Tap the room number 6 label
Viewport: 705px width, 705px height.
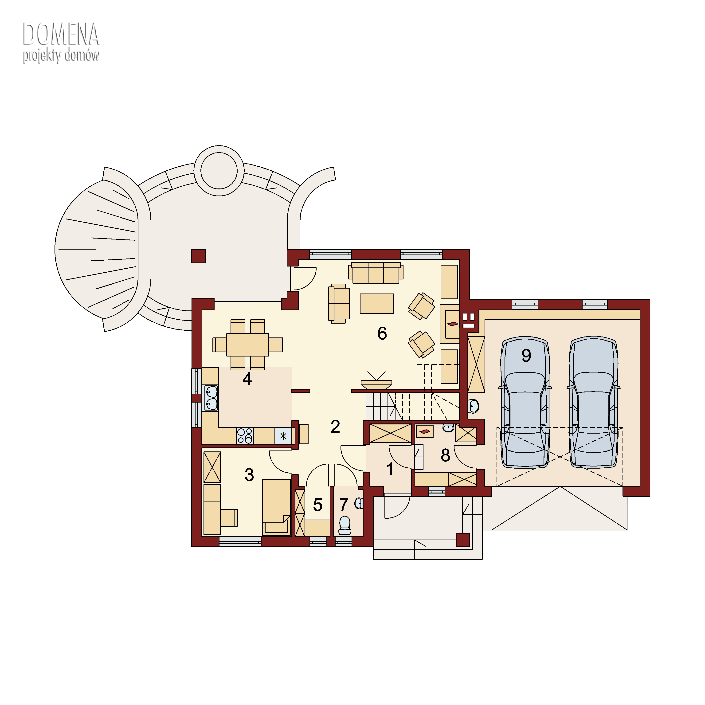[x=382, y=333]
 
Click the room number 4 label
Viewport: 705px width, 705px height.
[x=247, y=379]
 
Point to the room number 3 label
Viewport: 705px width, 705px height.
[x=249, y=475]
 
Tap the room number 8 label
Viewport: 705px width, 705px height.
[x=445, y=455]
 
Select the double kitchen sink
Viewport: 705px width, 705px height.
[x=211, y=398]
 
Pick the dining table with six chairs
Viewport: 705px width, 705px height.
[x=248, y=345]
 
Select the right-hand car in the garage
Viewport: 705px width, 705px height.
[x=593, y=402]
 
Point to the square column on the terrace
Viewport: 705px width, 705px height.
[x=199, y=256]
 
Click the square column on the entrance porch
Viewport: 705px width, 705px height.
[x=463, y=540]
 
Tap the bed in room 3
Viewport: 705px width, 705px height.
[x=276, y=507]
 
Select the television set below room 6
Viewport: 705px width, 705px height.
[x=376, y=381]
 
